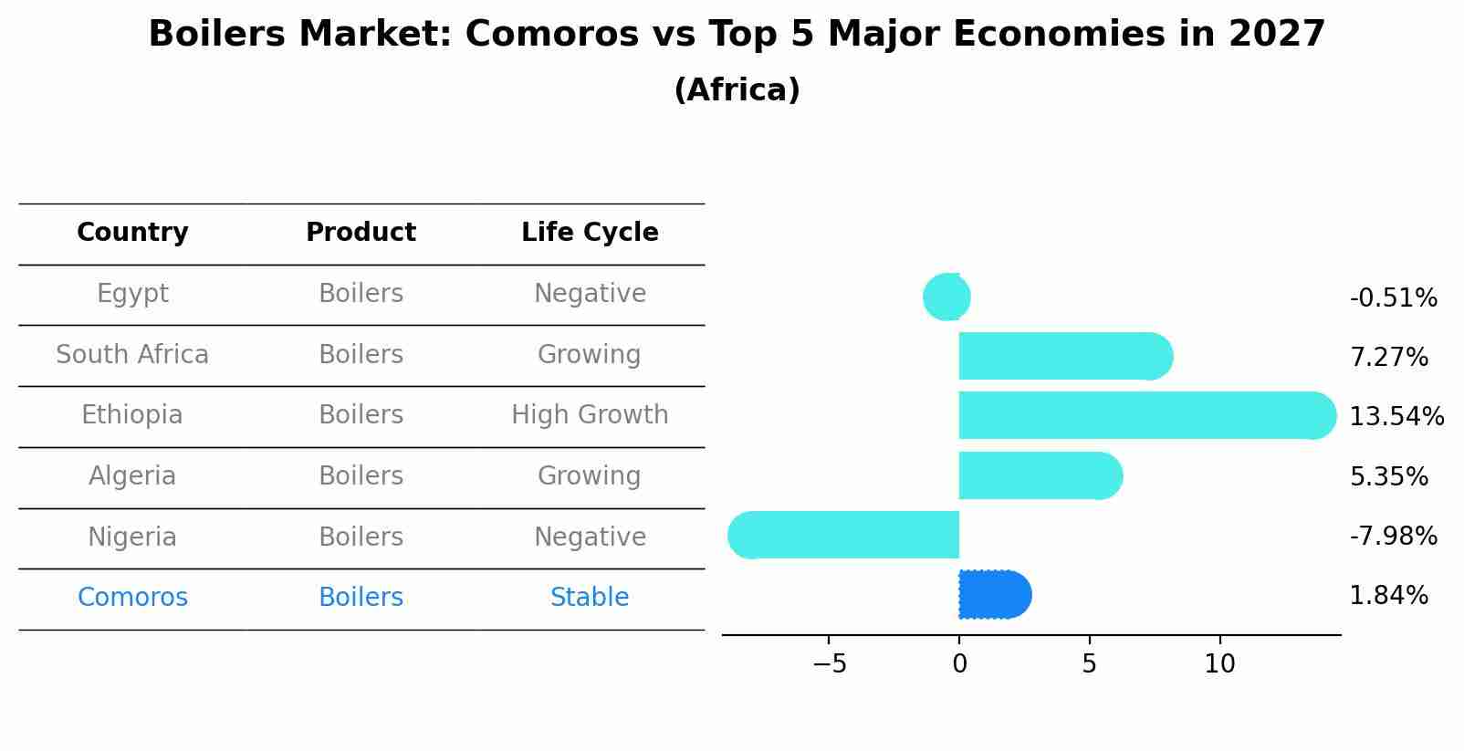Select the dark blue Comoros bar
click(x=994, y=595)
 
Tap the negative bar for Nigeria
click(x=844, y=535)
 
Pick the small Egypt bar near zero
click(x=947, y=297)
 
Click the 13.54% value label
click(x=1396, y=417)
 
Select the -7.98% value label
click(x=1393, y=537)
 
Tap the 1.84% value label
click(x=1388, y=596)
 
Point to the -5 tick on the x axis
click(x=829, y=664)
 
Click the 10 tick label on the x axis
click(x=1219, y=664)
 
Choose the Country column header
click(x=132, y=233)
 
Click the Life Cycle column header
click(x=590, y=233)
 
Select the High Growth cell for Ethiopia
click(x=590, y=415)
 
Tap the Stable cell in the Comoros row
click(x=590, y=598)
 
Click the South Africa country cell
click(x=132, y=355)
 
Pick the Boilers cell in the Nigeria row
click(x=361, y=537)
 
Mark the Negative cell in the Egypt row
click(x=590, y=294)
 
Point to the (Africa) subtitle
click(x=737, y=90)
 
